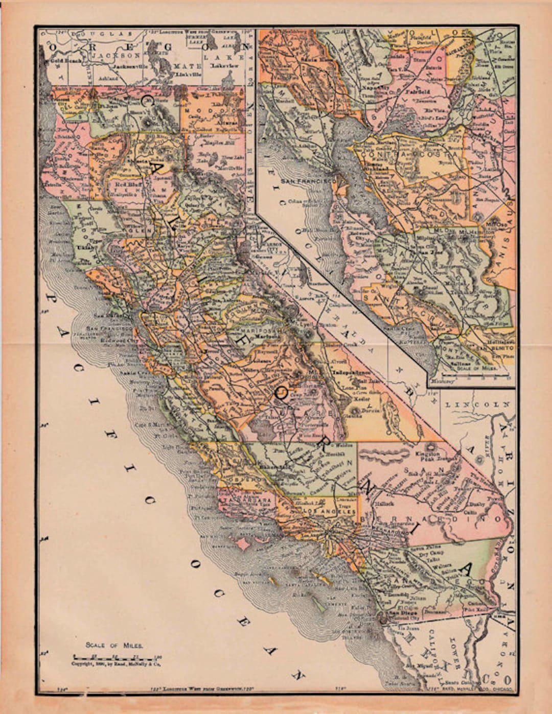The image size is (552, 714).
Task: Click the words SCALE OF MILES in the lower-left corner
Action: (114, 645)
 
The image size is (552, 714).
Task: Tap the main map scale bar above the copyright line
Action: (117, 656)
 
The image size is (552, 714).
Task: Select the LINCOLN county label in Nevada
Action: (477, 404)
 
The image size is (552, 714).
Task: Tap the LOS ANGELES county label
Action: (330, 511)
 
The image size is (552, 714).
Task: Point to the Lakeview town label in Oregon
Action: (224, 66)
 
